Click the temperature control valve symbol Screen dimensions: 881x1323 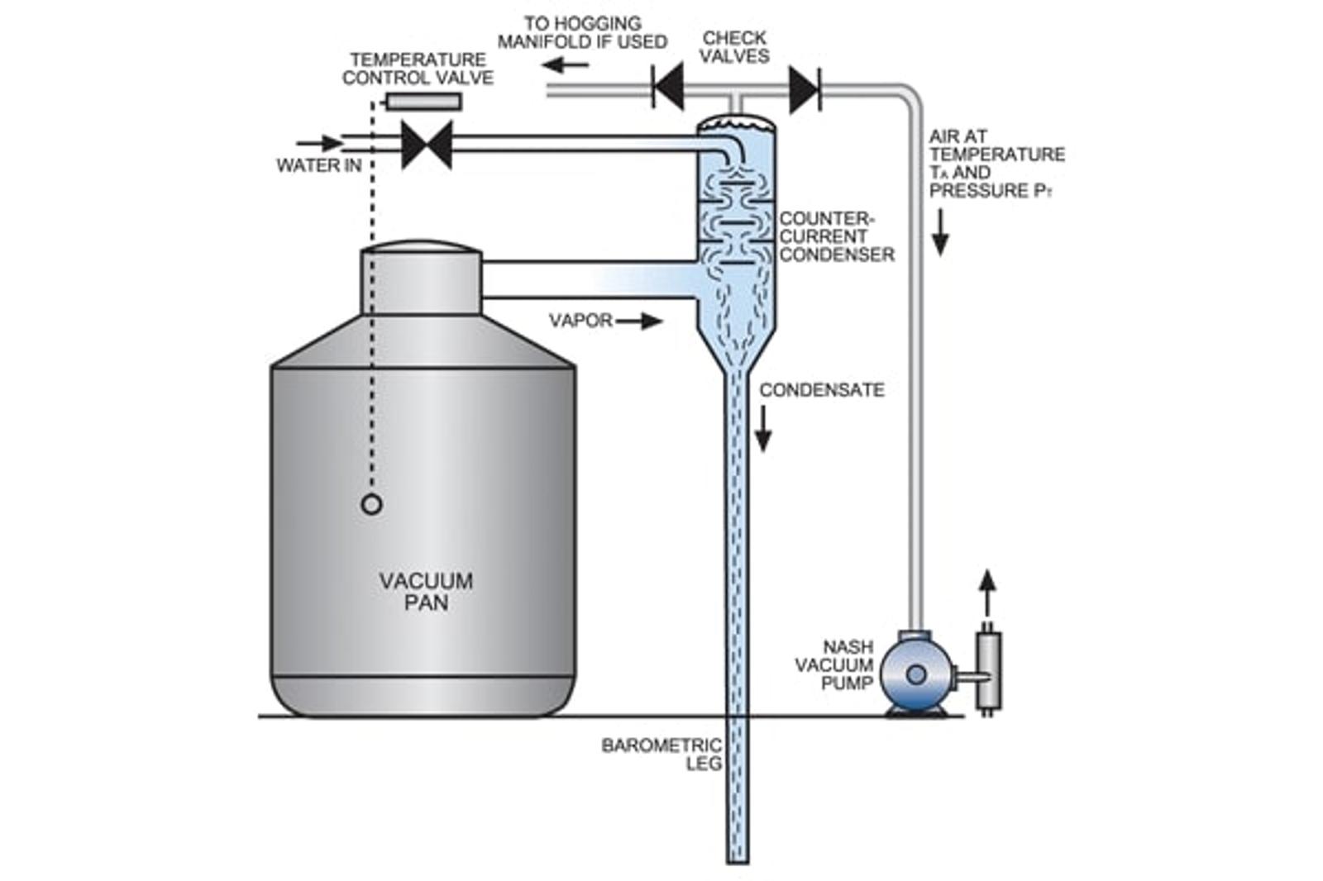click(x=427, y=145)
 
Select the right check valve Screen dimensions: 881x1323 click(x=805, y=88)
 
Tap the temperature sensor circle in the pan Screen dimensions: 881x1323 click(x=372, y=504)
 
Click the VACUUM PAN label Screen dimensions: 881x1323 click(x=426, y=592)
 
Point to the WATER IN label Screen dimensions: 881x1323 click(x=318, y=166)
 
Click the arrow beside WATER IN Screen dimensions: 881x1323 click(x=319, y=142)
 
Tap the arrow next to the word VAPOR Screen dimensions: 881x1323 click(x=639, y=321)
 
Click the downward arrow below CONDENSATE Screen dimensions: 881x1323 click(x=763, y=429)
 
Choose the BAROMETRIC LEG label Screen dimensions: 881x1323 click(x=661, y=754)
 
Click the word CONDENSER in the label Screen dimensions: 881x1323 click(x=836, y=255)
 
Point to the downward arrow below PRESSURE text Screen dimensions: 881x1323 click(x=940, y=231)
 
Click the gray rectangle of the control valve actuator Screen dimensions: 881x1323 click(x=423, y=102)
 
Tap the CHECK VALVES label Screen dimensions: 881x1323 click(x=734, y=47)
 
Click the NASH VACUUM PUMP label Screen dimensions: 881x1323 click(x=835, y=665)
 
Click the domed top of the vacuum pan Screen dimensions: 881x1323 click(x=421, y=247)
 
